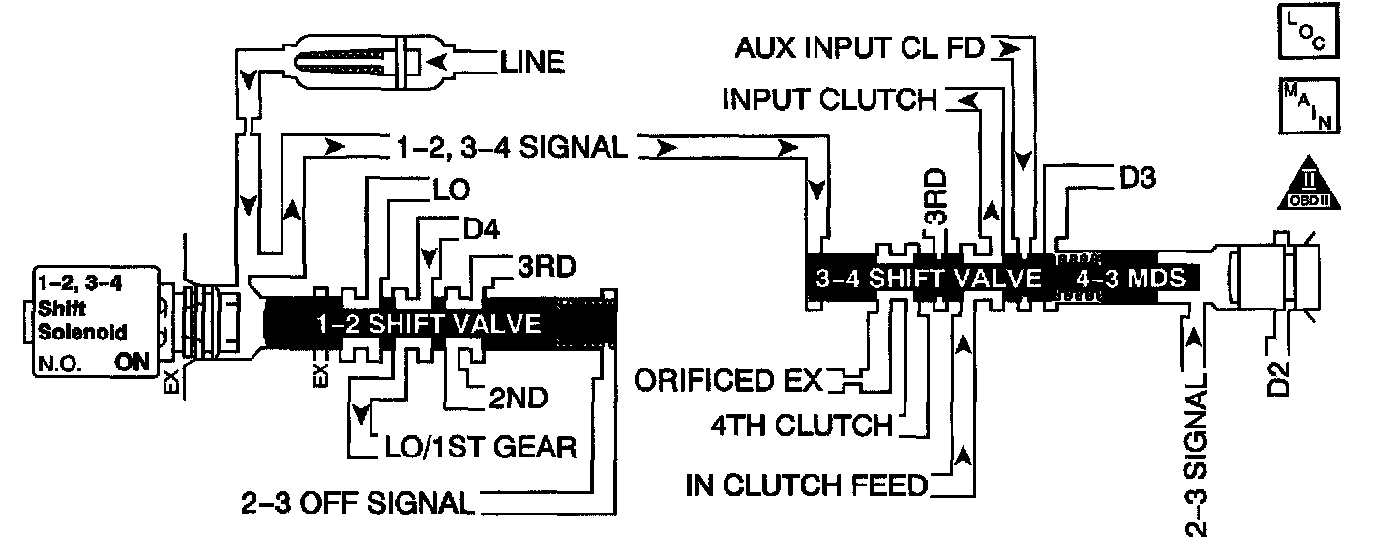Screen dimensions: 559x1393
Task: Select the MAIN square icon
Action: (x=1312, y=105)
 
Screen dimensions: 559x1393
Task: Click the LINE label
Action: (x=532, y=63)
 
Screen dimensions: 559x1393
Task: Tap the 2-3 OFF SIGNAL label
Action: (x=357, y=504)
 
